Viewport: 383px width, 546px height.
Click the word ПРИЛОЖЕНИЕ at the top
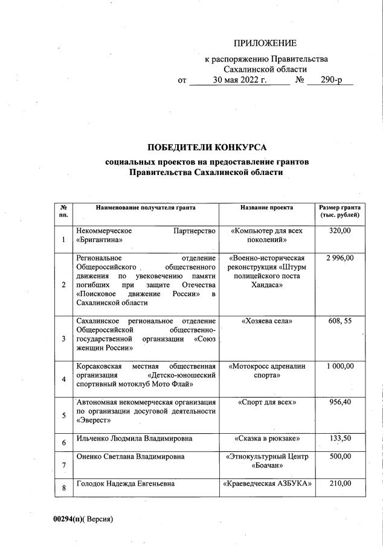(x=265, y=43)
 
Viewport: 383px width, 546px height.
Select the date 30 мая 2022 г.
(x=239, y=80)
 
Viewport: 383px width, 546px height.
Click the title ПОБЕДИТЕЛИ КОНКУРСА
(x=207, y=147)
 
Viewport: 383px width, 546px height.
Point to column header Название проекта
(x=266, y=208)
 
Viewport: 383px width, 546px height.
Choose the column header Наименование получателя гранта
(x=146, y=208)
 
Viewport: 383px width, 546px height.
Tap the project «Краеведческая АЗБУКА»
(x=266, y=483)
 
